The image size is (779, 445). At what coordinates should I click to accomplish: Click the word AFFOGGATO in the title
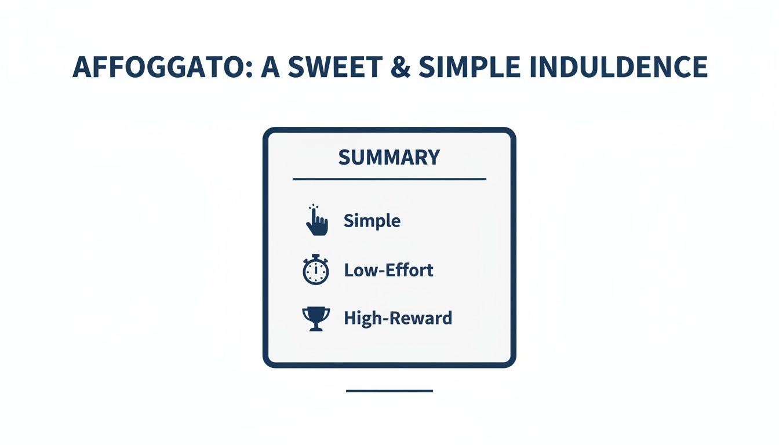[160, 67]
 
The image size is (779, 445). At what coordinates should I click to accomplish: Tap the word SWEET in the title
[337, 67]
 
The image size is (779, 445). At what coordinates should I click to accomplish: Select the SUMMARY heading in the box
[389, 158]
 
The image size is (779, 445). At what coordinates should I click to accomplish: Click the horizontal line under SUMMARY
[389, 179]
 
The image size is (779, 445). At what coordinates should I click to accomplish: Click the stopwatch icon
[316, 271]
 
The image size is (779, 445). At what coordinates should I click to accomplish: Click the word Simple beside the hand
[372, 221]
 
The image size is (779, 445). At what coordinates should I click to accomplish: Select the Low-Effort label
[388, 269]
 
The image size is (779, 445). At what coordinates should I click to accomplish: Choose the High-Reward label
[398, 318]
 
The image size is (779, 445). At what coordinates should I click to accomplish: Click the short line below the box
[389, 391]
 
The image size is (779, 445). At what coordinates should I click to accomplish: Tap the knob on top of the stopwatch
[316, 256]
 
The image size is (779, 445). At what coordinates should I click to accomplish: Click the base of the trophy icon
[316, 329]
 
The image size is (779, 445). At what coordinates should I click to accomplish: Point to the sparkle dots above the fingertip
[314, 206]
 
